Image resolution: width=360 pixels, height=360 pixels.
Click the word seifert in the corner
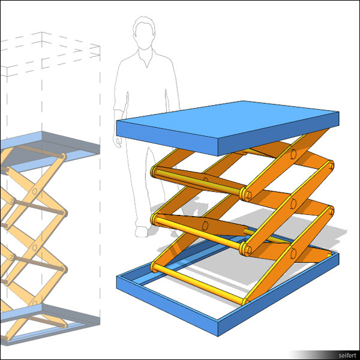pyautogui.click(x=347, y=355)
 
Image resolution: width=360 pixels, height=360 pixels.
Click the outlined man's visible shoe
pyautogui.click(x=142, y=231)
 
